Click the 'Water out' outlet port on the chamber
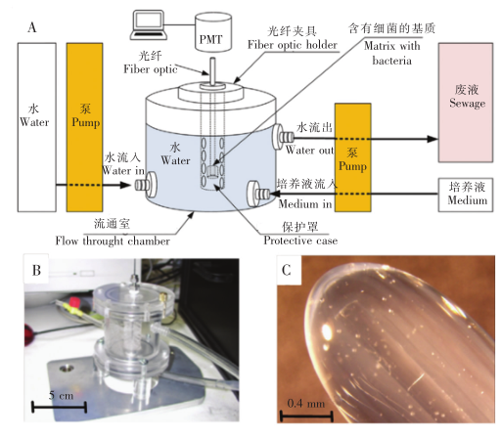(288, 138)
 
